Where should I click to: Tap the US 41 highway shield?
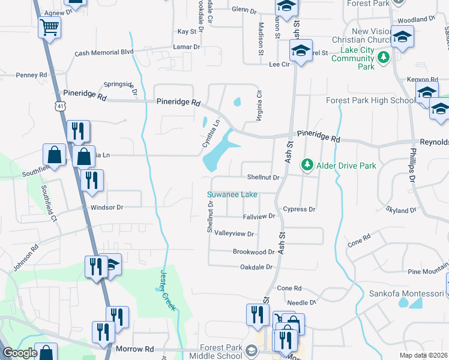click(x=60, y=106)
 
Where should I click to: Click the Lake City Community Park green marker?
click(x=384, y=58)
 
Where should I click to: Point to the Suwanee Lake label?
click(x=232, y=194)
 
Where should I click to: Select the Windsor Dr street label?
click(x=107, y=207)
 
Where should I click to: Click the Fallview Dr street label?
click(x=259, y=216)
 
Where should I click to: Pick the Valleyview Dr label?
click(x=234, y=233)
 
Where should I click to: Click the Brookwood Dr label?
click(x=253, y=252)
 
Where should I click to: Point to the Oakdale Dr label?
click(x=256, y=267)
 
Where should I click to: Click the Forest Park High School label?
click(x=370, y=101)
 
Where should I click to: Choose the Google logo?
click(x=20, y=353)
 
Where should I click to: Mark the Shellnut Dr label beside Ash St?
click(x=264, y=178)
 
